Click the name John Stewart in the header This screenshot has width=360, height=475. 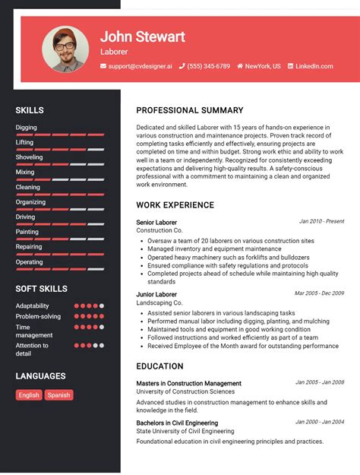click(x=143, y=36)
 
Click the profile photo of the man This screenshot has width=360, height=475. click(x=65, y=50)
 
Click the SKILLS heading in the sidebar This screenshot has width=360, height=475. click(x=30, y=110)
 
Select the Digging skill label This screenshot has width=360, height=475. click(x=27, y=128)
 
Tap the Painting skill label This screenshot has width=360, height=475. click(x=27, y=232)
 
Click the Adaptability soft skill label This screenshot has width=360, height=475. click(x=33, y=306)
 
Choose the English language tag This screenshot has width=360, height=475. click(x=29, y=395)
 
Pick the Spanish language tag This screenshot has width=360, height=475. click(x=58, y=395)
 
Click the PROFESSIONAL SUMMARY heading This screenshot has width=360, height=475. click(x=190, y=110)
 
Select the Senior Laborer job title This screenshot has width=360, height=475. click(x=156, y=223)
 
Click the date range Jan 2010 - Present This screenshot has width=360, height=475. click(x=321, y=221)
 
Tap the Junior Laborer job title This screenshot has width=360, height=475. click(x=156, y=294)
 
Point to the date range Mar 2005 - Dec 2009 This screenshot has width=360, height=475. click(x=319, y=293)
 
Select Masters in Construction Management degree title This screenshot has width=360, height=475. click(x=189, y=384)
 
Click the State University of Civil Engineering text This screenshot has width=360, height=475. click(x=197, y=432)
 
